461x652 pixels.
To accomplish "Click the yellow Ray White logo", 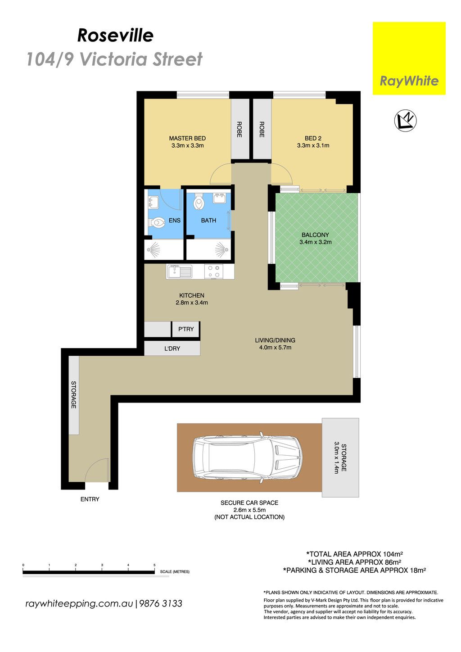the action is [409, 58].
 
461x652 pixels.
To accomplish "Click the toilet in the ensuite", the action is [156, 223].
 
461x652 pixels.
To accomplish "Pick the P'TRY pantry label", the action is [186, 329].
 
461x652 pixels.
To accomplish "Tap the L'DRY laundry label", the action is [172, 349].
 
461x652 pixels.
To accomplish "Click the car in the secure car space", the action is [248, 457].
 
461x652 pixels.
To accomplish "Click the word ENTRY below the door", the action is [90, 499].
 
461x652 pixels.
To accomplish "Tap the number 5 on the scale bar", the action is [154, 565].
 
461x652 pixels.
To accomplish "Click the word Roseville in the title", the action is [115, 36].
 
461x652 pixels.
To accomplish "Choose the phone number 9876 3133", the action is [161, 603].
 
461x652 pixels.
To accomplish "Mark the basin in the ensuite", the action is [153, 203].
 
